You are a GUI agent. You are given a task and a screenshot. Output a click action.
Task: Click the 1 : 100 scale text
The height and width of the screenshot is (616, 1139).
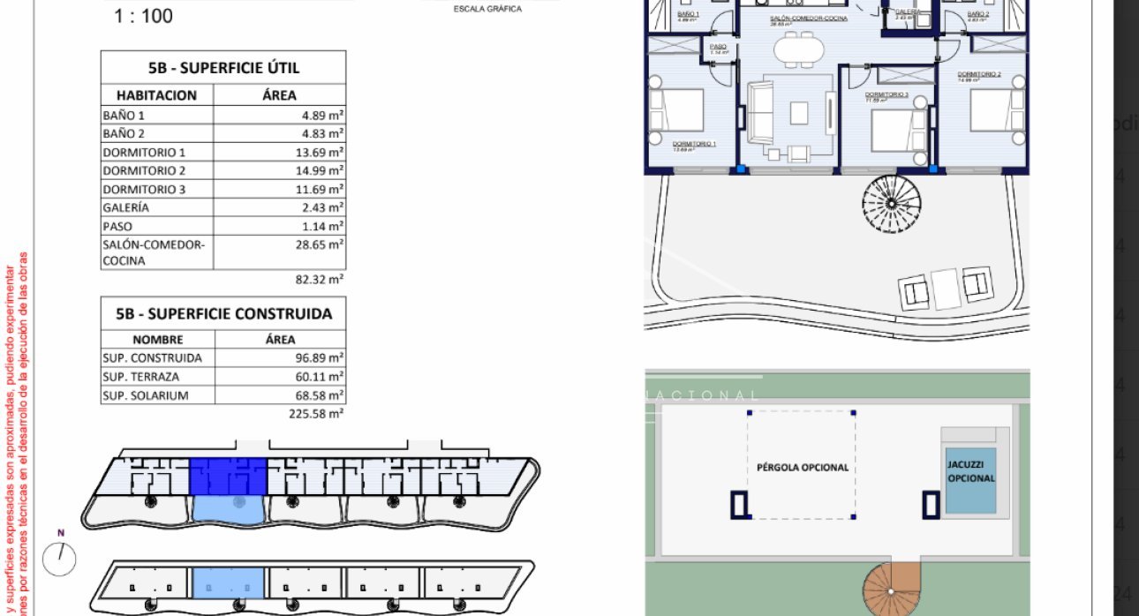pyautogui.click(x=143, y=16)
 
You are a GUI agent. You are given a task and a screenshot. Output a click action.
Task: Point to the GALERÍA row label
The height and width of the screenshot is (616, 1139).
pyautogui.click(x=126, y=207)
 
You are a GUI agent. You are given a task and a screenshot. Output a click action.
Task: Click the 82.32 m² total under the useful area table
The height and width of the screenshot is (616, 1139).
pyautogui.click(x=319, y=279)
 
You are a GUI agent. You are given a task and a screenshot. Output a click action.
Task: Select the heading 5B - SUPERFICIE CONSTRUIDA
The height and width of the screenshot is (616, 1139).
pyautogui.click(x=223, y=313)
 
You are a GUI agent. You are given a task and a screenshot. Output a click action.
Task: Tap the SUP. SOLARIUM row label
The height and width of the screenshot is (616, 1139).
pyautogui.click(x=146, y=395)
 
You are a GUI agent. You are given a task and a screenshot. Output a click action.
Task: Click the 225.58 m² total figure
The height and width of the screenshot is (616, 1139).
pyautogui.click(x=316, y=412)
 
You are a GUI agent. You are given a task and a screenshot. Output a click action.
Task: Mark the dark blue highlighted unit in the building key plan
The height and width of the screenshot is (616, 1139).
pyautogui.click(x=228, y=476)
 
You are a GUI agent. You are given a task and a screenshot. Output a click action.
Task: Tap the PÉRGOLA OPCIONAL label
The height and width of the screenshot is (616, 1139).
pyautogui.click(x=802, y=468)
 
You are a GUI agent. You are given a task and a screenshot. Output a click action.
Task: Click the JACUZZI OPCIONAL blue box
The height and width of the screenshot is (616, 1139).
pyautogui.click(x=970, y=481)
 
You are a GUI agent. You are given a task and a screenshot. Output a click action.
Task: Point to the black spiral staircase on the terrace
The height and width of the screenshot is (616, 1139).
pyautogui.click(x=892, y=204)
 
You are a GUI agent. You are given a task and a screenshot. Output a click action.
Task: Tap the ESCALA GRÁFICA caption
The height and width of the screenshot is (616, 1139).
pyautogui.click(x=487, y=9)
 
